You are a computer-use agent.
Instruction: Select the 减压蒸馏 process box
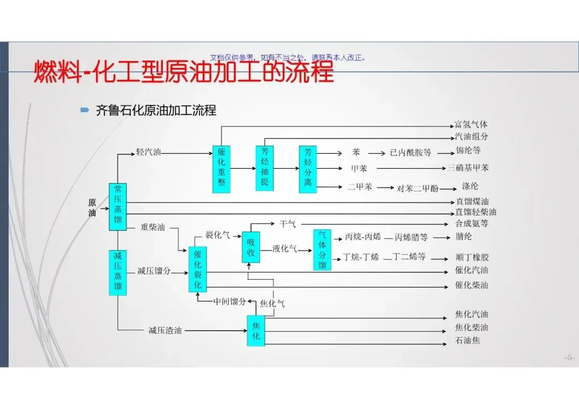click(x=117, y=272)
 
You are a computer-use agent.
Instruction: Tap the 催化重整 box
click(x=221, y=169)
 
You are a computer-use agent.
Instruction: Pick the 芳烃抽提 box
click(x=264, y=168)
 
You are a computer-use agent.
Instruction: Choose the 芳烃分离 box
click(x=308, y=169)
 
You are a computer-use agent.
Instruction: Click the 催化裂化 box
click(x=198, y=270)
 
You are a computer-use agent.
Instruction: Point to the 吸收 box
click(x=250, y=247)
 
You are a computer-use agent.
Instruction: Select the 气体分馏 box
click(x=322, y=250)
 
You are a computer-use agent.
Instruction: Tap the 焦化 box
click(x=256, y=330)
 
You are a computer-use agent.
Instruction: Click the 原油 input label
click(x=92, y=207)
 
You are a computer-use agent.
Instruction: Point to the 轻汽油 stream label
click(x=149, y=152)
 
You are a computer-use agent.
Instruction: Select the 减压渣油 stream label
click(x=165, y=330)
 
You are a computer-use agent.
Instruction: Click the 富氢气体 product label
click(x=471, y=124)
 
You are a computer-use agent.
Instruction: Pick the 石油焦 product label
click(x=467, y=340)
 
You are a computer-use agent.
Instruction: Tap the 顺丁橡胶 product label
click(x=472, y=257)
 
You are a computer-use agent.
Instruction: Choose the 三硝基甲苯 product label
click(x=468, y=168)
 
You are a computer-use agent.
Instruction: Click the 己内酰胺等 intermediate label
click(x=410, y=153)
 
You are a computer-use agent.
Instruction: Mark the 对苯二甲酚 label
click(x=418, y=188)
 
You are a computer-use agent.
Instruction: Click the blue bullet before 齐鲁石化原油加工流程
click(x=84, y=110)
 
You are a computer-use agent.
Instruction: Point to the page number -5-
click(x=569, y=358)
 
